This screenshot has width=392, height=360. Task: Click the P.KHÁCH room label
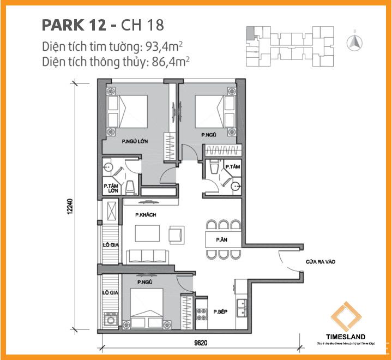tap(146, 215)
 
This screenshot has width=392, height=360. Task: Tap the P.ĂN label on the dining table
tap(221, 239)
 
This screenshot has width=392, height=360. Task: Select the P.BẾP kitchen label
tap(220, 311)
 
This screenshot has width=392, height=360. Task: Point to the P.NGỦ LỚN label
tap(135, 141)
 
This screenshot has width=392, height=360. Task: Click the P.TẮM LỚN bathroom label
tap(111, 189)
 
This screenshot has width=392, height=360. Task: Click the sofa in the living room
tap(147, 255)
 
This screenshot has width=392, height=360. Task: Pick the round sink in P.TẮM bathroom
tap(235, 186)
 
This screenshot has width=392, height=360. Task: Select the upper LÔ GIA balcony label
tap(111, 245)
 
